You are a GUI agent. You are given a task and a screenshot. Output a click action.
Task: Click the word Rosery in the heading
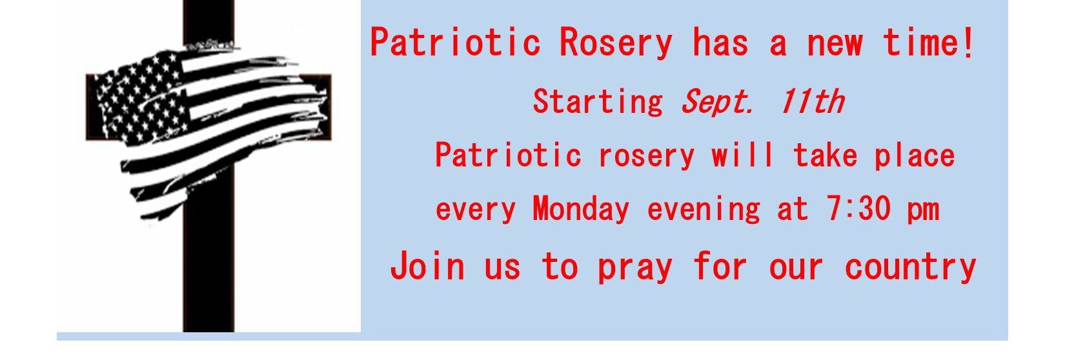[616, 43]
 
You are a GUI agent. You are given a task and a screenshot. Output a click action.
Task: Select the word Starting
[598, 102]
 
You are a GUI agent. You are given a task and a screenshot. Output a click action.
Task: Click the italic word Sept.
[718, 102]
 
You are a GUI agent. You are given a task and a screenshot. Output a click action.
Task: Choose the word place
[915, 155]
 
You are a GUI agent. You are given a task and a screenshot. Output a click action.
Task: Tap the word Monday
[581, 210]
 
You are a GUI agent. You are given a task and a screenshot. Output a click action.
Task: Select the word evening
[704, 210]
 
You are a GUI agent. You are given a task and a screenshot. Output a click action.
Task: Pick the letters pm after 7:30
[923, 212]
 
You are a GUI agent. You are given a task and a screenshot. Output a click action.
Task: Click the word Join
[427, 266]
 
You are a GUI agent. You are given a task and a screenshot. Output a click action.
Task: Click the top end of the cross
[208, 1]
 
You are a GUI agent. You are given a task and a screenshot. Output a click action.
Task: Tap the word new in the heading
[835, 45]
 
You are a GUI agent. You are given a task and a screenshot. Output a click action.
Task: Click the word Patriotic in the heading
[456, 43]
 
